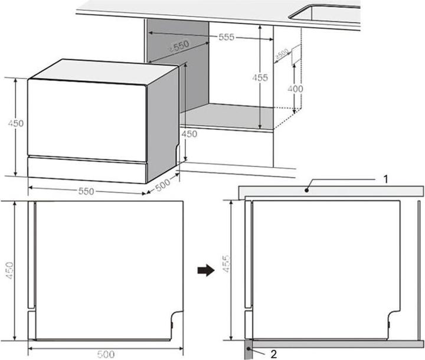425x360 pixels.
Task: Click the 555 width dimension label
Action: point(226,37)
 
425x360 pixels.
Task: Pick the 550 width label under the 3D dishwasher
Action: point(87,191)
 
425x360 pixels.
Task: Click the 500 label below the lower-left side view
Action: point(106,354)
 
